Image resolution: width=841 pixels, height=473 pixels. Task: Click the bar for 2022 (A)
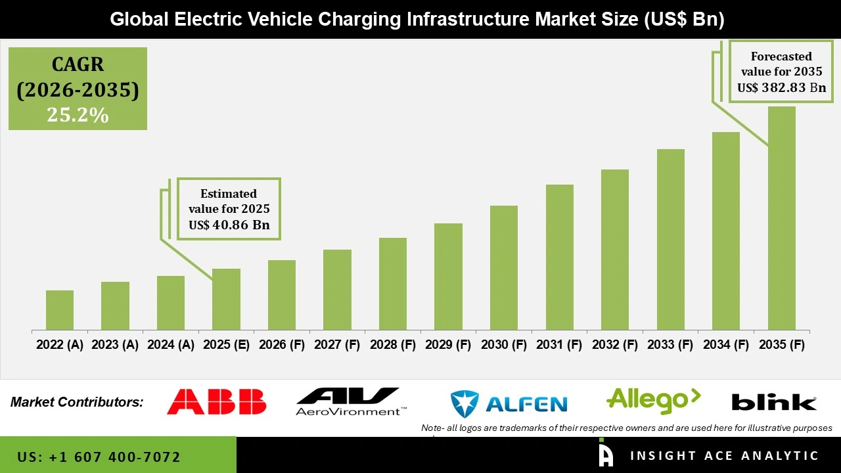(x=60, y=310)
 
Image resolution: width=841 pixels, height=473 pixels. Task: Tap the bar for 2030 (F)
(x=504, y=267)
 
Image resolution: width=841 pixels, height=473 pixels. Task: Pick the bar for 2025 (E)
(x=226, y=299)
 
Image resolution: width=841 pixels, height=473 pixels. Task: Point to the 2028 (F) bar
(x=393, y=284)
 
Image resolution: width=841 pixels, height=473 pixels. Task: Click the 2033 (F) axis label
(x=670, y=345)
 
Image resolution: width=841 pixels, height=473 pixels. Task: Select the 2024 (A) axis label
(x=170, y=345)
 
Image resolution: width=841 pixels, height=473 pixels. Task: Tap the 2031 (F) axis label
(x=559, y=345)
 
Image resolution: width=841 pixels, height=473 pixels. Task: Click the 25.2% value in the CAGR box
(x=78, y=115)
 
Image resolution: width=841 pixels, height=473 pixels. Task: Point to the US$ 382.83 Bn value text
(x=781, y=87)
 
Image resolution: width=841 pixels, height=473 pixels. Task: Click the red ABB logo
(x=216, y=401)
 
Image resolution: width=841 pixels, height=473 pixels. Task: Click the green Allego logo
(x=653, y=400)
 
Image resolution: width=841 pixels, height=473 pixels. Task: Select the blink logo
(x=774, y=402)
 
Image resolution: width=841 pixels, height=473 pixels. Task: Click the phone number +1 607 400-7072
(x=99, y=457)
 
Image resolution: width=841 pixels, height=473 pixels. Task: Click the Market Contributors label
(x=77, y=401)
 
